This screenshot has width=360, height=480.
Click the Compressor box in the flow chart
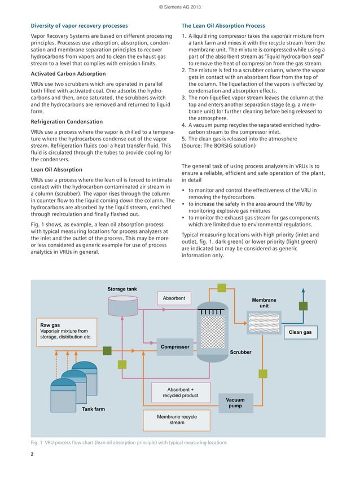point(174,346)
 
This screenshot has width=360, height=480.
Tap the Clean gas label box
point(300,332)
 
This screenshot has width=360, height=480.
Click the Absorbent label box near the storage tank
point(174,298)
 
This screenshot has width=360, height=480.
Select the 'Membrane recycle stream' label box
point(177,420)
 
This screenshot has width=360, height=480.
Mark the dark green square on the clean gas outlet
point(303,306)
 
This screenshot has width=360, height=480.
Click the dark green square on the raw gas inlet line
point(122,365)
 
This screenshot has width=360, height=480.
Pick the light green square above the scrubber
point(222,288)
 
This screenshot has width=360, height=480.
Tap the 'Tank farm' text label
point(93,409)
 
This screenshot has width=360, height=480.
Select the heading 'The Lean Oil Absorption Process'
point(223,26)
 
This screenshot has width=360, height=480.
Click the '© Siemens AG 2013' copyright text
point(179,7)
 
